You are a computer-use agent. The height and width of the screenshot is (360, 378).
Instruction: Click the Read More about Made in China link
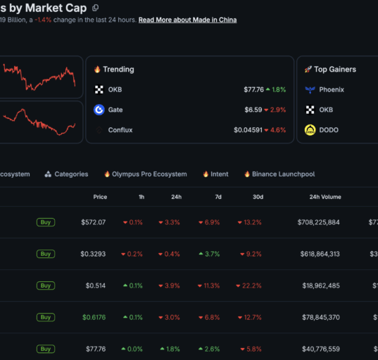click(187, 20)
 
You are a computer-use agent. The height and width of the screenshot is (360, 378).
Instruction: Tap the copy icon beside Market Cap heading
click(96, 8)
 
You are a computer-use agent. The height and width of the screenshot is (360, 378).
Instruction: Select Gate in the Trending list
click(115, 110)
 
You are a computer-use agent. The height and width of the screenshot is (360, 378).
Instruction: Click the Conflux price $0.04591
click(248, 130)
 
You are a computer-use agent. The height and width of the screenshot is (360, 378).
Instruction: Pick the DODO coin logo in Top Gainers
click(310, 130)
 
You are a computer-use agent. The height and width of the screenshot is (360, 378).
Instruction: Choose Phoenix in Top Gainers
click(332, 89)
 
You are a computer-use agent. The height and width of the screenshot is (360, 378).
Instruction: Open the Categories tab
click(67, 174)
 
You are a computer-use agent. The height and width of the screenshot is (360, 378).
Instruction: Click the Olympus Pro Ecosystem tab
click(146, 174)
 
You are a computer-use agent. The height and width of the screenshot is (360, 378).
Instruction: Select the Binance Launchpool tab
click(279, 174)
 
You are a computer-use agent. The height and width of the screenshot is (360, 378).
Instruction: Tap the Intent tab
click(216, 174)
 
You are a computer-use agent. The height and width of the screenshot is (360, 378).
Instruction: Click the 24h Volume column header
click(325, 197)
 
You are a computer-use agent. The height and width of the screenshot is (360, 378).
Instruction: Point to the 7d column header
click(218, 197)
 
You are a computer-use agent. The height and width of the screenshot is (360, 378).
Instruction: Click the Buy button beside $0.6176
click(46, 317)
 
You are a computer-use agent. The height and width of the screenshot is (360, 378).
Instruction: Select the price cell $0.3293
click(93, 254)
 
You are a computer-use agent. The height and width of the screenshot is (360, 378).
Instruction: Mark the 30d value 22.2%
click(248, 285)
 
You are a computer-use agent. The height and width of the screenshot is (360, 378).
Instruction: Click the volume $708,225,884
click(318, 222)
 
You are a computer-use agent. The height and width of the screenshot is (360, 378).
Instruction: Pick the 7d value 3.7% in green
click(209, 254)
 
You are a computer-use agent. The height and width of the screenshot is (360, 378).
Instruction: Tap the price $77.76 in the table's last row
click(96, 349)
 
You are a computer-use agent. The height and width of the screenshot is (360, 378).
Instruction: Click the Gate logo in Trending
click(99, 110)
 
